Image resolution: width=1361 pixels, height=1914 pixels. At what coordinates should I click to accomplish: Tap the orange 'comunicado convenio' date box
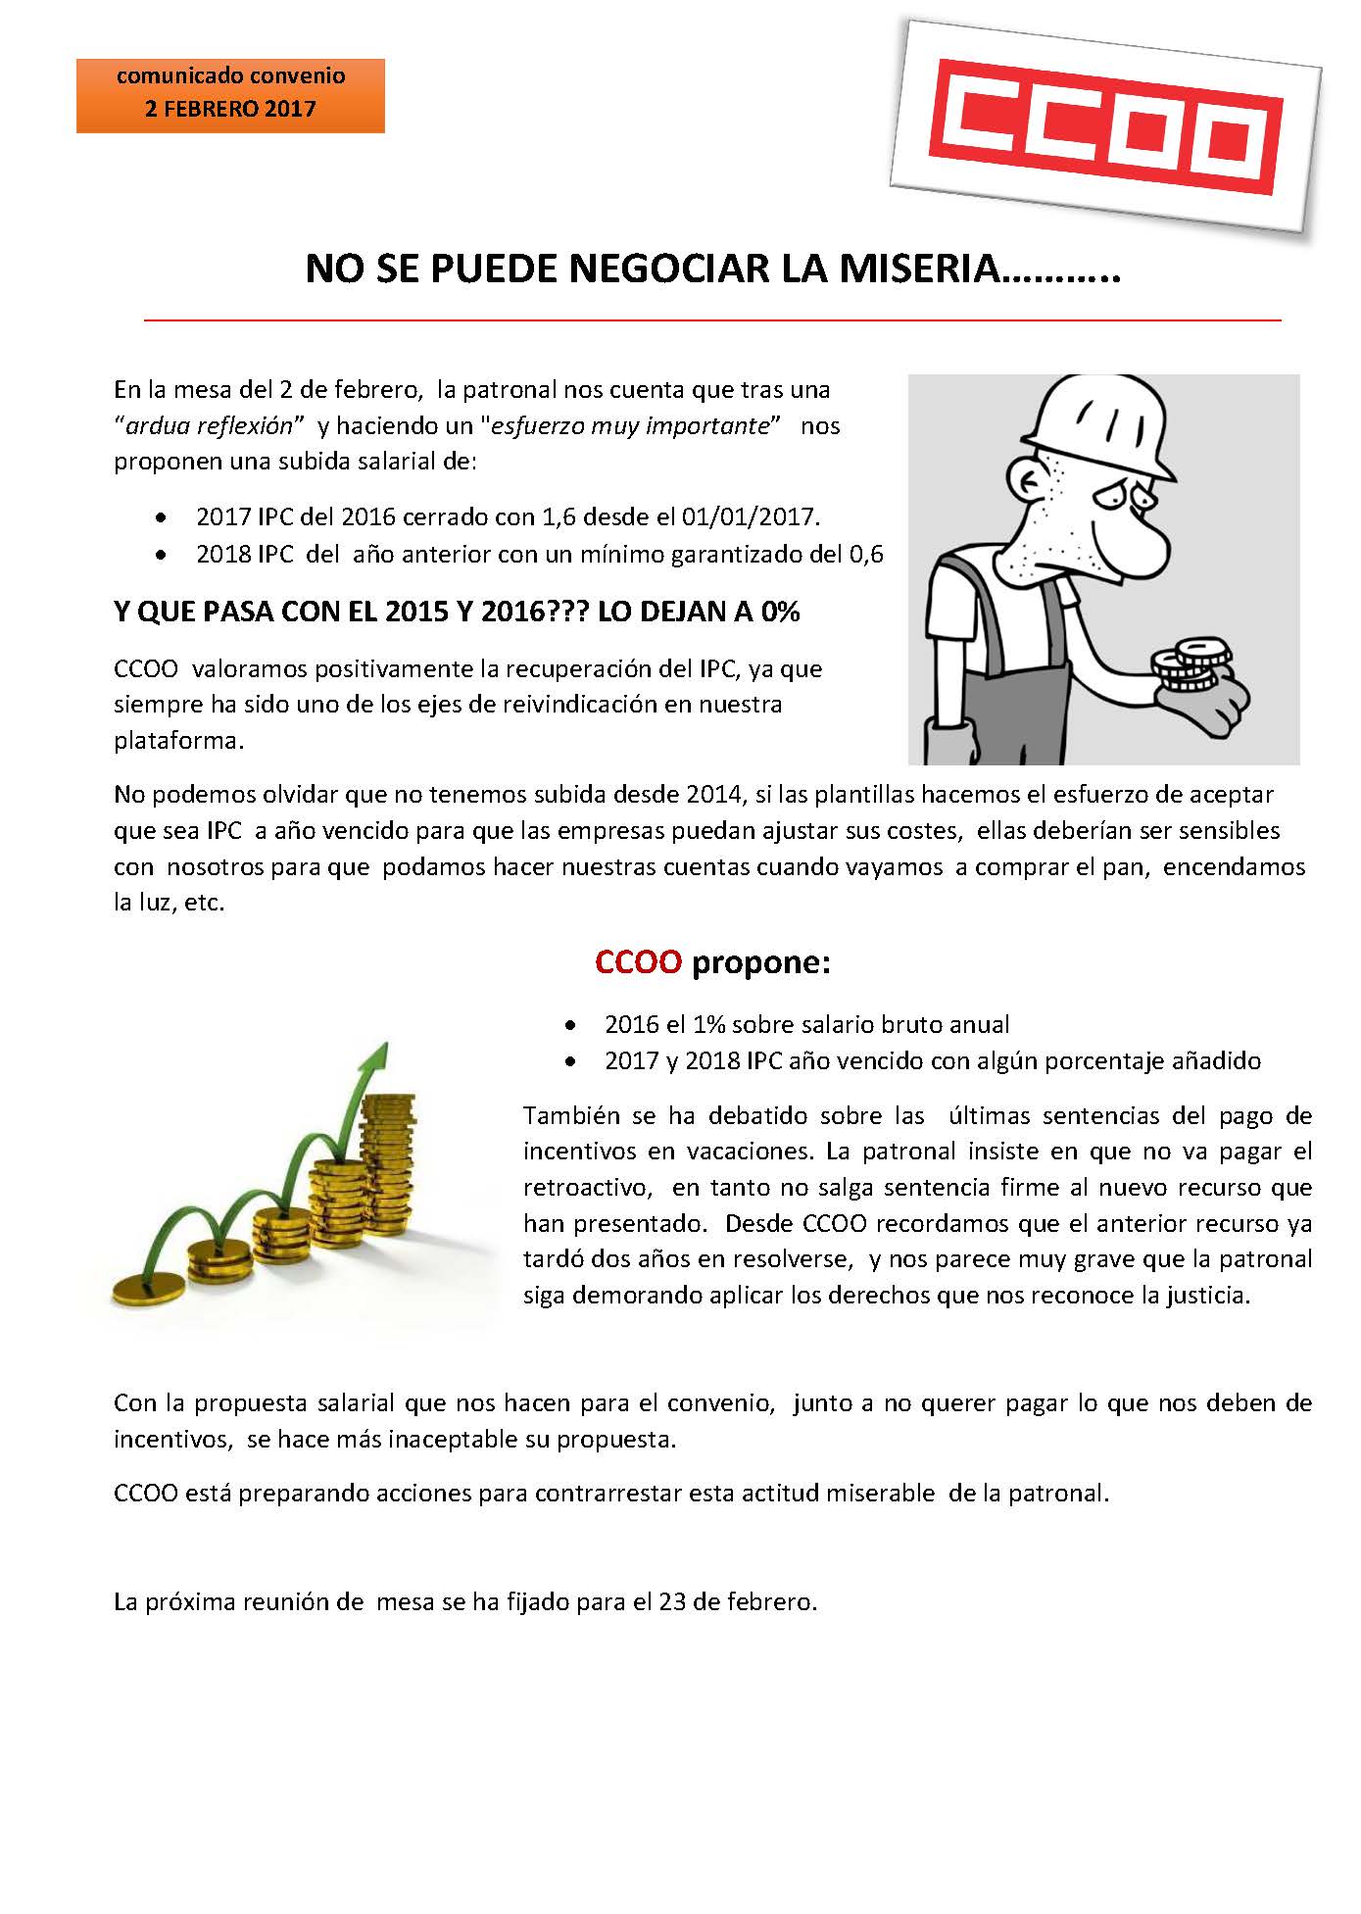pyautogui.click(x=230, y=95)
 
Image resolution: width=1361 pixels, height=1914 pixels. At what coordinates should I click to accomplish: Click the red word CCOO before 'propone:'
pyautogui.click(x=638, y=962)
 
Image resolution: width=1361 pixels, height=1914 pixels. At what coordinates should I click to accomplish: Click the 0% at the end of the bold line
pyautogui.click(x=781, y=612)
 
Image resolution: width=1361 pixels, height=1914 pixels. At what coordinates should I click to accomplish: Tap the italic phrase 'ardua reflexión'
pyautogui.click(x=210, y=425)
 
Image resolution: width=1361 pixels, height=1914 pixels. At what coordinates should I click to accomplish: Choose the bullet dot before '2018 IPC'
pyautogui.click(x=161, y=555)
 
